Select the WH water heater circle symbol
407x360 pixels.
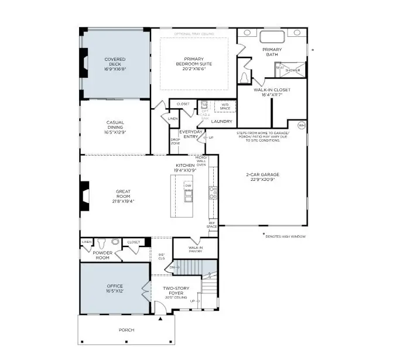(301, 125)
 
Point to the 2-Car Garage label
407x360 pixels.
(262, 174)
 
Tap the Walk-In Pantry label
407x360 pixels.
(196, 249)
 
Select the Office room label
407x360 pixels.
(115, 286)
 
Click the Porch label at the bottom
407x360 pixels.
(126, 330)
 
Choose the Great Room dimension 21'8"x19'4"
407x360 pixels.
(115, 201)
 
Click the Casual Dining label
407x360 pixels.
(115, 125)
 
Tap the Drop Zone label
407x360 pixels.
(175, 142)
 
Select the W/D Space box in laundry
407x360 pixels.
(225, 107)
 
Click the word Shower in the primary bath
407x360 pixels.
(293, 70)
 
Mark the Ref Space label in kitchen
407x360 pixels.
(213, 224)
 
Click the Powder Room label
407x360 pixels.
(102, 255)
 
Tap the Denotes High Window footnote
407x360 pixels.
(285, 236)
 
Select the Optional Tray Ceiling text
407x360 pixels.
(194, 34)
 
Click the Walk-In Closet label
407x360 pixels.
(272, 91)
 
